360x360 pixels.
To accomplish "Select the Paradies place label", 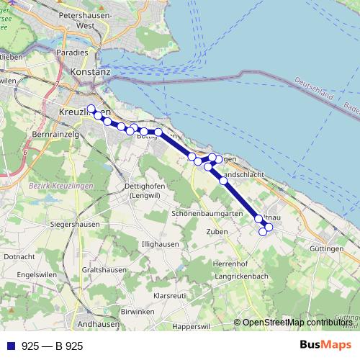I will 80,53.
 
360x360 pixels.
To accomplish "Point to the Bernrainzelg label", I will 55,135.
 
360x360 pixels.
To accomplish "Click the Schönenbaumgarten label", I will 206,214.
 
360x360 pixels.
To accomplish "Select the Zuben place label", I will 217,232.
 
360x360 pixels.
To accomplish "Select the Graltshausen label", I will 105,270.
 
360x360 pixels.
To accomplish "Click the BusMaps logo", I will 325,346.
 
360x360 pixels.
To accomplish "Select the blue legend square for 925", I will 11,346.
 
